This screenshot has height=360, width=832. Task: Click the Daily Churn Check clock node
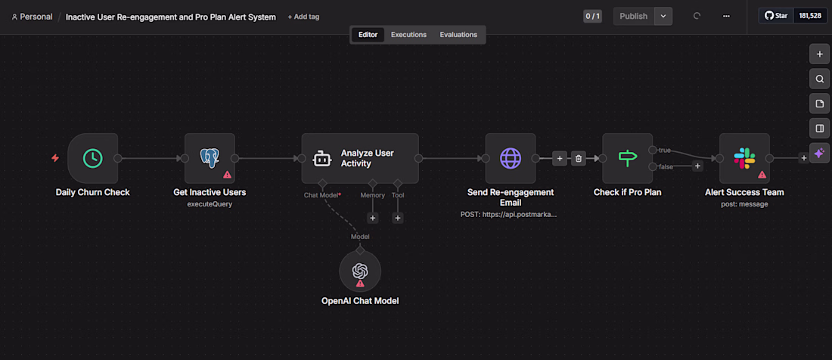93,158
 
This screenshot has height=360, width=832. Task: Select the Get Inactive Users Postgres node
210,158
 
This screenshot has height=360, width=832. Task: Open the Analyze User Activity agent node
360,158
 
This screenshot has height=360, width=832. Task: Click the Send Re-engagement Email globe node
511,158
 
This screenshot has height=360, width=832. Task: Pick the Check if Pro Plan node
627,158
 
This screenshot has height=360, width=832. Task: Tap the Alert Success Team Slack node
744,158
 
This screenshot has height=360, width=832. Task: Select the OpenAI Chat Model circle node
360,271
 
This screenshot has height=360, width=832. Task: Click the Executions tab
408,35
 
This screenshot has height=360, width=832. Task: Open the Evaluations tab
458,35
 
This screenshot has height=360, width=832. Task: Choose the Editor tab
368,35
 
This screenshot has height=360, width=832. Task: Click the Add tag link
303,17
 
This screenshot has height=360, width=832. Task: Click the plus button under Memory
372,218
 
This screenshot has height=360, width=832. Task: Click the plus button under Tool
398,218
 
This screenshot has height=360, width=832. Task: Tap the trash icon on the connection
579,158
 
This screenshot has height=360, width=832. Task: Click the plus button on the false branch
698,166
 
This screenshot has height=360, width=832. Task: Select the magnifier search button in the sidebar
819,79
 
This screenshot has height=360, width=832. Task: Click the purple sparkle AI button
819,154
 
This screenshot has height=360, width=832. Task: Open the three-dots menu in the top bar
726,16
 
